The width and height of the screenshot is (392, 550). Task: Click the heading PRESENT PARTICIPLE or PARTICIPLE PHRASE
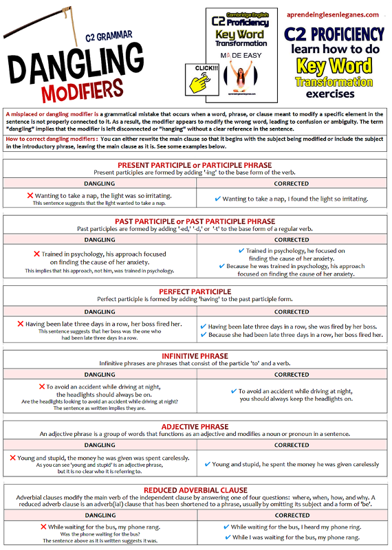[195, 165]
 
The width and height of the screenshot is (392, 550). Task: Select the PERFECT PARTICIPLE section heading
[195, 291]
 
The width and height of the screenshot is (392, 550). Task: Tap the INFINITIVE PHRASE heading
[195, 355]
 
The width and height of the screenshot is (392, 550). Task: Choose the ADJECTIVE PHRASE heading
[195, 426]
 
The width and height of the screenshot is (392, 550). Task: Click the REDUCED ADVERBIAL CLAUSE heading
[195, 489]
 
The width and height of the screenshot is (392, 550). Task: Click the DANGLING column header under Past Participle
[99, 240]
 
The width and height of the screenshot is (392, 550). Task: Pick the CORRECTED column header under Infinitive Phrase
[292, 375]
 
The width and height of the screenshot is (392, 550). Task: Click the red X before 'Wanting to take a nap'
[30, 196]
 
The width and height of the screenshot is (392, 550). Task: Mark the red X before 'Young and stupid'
[12, 457]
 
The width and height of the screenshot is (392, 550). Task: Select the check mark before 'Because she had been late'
[203, 335]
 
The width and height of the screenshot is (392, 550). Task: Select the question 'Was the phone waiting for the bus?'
[99, 534]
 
